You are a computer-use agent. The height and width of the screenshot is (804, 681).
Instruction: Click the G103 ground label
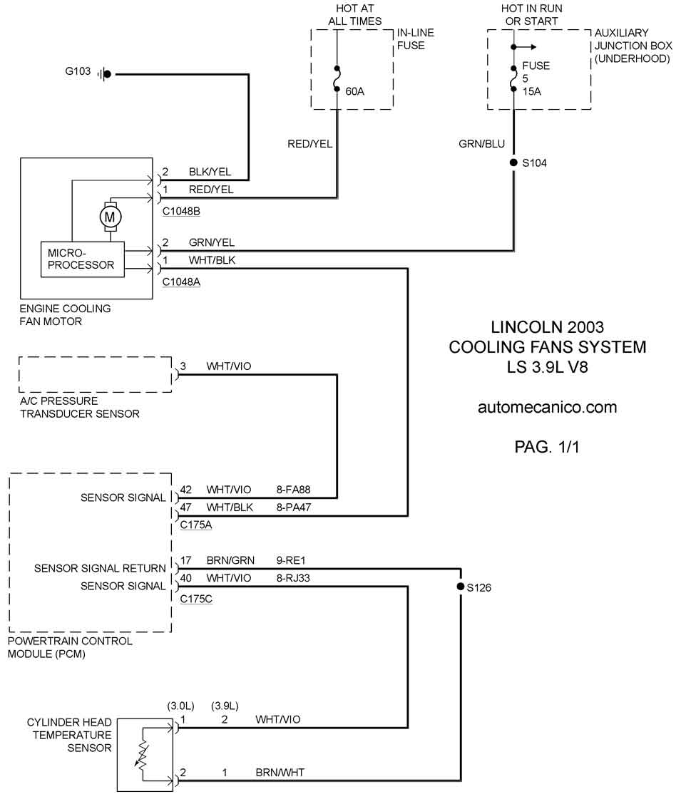click(x=78, y=73)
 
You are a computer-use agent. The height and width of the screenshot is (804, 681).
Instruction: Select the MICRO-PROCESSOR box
click(x=81, y=259)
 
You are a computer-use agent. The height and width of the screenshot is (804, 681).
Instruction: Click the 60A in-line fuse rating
click(x=354, y=91)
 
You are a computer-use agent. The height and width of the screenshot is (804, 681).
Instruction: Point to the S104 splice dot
click(x=513, y=163)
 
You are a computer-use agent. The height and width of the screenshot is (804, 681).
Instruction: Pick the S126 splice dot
click(x=460, y=587)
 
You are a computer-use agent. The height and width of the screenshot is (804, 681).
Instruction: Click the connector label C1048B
click(x=181, y=212)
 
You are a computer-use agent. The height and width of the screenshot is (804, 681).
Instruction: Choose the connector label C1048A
click(x=181, y=282)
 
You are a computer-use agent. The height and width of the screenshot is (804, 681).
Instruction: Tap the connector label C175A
click(x=196, y=525)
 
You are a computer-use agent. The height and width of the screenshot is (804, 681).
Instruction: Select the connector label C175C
click(x=196, y=599)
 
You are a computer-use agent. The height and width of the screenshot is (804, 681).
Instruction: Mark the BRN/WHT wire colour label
click(x=278, y=772)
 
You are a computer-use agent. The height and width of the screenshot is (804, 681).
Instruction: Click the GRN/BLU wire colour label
click(x=481, y=144)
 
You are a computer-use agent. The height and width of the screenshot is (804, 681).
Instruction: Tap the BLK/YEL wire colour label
click(x=210, y=172)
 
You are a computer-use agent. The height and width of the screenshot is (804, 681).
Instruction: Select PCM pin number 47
click(x=187, y=507)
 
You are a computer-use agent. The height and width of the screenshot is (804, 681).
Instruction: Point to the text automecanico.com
click(x=547, y=408)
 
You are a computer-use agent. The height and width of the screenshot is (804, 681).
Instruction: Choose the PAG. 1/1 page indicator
click(x=547, y=447)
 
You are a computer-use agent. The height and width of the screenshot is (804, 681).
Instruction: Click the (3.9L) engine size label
click(x=225, y=706)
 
